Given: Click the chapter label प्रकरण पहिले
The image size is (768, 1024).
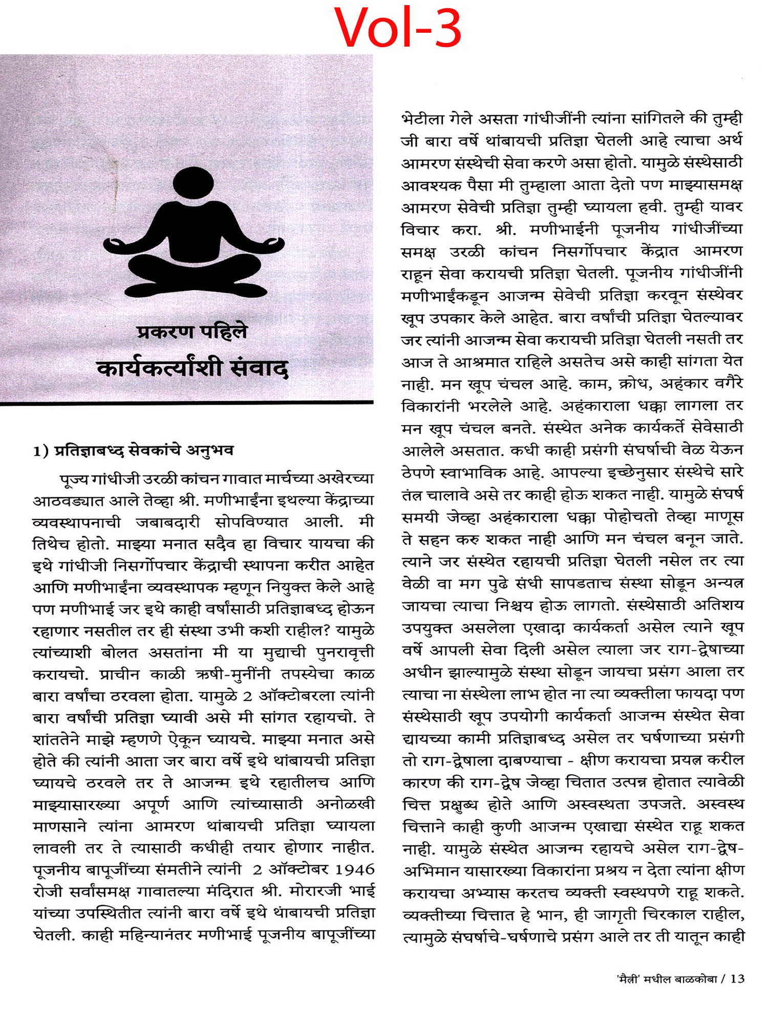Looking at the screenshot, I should (x=192, y=332).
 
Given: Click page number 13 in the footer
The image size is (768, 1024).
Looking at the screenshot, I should (x=737, y=979).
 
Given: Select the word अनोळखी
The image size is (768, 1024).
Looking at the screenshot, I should (x=345, y=804).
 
